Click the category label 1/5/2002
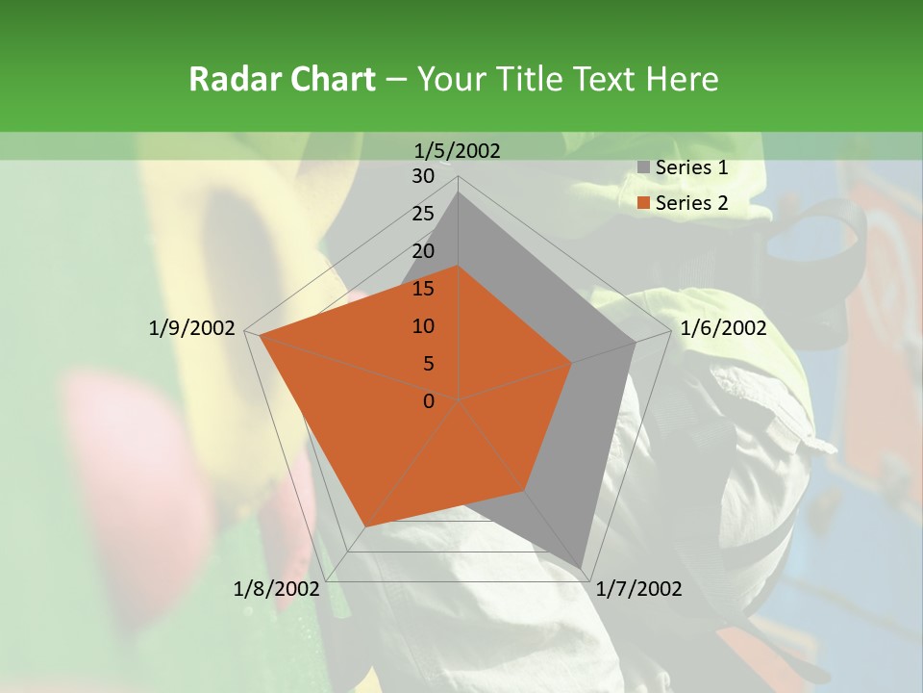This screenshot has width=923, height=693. pos(458,150)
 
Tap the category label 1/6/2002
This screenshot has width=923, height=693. pos(723,328)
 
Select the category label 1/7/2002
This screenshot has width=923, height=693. pos(638,589)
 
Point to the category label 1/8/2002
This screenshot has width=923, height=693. pos(276,589)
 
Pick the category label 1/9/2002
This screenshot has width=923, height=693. pos(191,328)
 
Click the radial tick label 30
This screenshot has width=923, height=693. pos(423,176)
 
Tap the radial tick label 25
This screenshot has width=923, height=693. pos(423,214)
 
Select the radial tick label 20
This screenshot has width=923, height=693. pos(423,251)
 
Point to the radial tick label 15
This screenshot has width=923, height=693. pos(423,289)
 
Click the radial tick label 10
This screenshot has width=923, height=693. pos(423,326)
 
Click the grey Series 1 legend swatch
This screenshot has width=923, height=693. pos(643,168)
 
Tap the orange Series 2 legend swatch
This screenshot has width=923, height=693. pos(643,203)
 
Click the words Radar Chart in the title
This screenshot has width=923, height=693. pos(282,79)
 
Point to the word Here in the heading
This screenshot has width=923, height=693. pos(682,79)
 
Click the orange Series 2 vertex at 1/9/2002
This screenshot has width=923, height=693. pos(261,336)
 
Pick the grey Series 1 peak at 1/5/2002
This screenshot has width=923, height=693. pos(459,192)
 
